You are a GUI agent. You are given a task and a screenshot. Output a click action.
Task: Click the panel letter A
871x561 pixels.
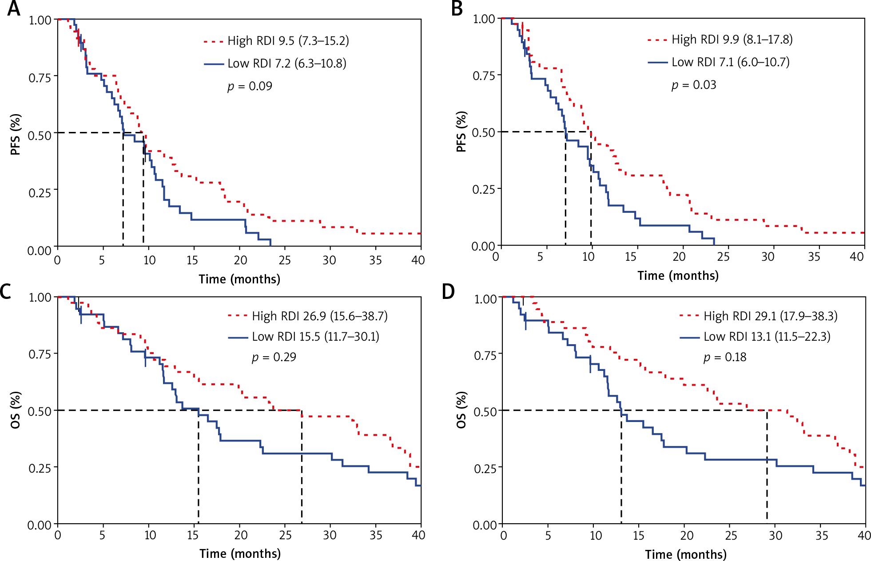(x=13, y=9)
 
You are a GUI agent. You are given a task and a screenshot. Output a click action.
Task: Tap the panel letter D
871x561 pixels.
(x=449, y=292)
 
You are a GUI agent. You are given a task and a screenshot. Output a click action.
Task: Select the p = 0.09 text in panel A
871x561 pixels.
(x=250, y=86)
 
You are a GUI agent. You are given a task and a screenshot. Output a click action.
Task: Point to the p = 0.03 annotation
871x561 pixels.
(x=694, y=84)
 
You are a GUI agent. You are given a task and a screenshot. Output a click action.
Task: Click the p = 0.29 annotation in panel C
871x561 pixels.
(x=274, y=357)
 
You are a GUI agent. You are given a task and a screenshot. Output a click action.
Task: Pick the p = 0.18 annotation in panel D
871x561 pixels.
(x=725, y=357)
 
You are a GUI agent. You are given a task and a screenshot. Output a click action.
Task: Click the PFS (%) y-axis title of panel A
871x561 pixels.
(x=16, y=134)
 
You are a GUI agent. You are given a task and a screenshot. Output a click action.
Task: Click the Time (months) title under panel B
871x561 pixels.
(x=678, y=276)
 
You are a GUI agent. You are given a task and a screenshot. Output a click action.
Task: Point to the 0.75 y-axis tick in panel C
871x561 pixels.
(x=40, y=354)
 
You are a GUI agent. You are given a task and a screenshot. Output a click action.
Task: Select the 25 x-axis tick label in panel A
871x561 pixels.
(x=285, y=260)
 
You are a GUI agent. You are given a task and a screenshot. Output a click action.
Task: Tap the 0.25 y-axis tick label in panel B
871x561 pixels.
(x=484, y=190)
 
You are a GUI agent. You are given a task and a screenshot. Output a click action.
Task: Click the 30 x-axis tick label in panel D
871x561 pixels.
(x=776, y=535)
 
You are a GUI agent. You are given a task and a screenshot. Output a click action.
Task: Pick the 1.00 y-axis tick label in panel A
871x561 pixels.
(x=40, y=20)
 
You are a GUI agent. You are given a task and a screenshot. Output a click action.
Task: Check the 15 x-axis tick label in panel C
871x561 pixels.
(x=193, y=535)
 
